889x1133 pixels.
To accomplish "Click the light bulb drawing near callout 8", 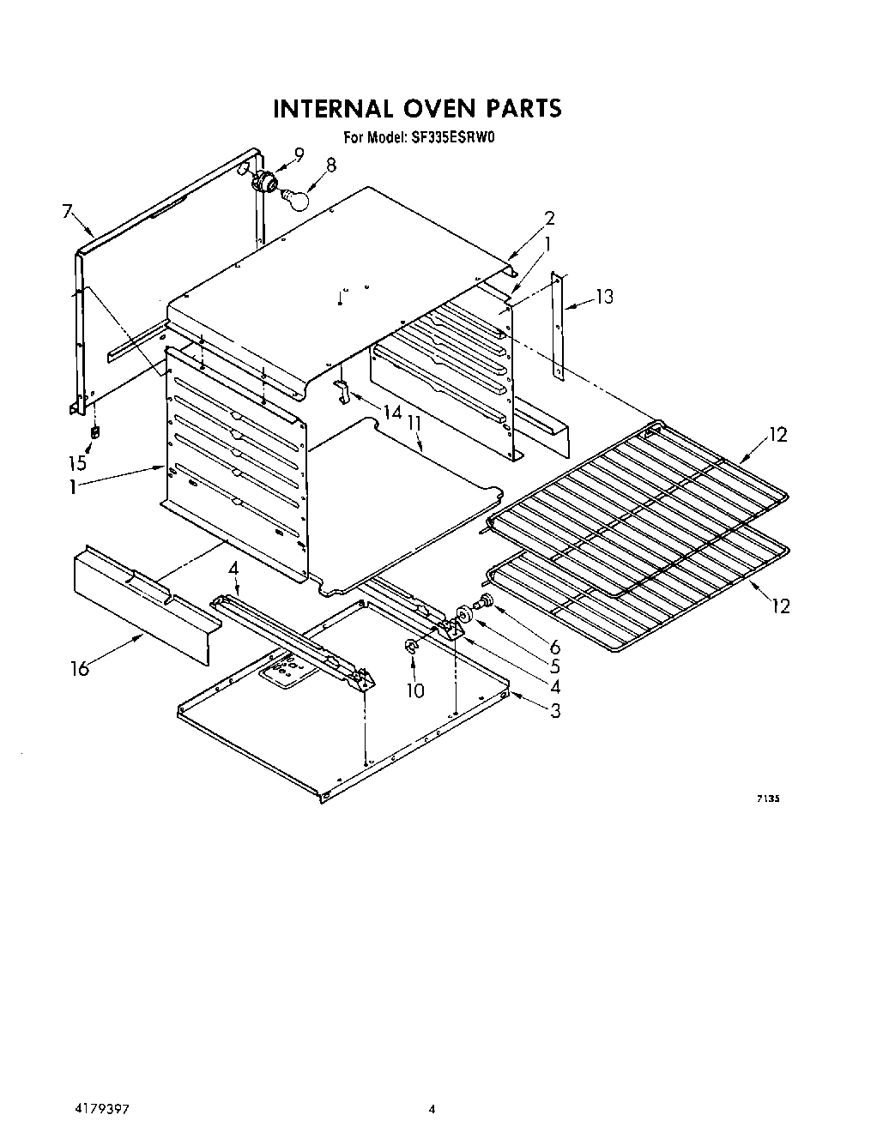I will (295, 196).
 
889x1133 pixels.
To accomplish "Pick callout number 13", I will (605, 297).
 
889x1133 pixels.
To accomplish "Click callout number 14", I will (392, 413).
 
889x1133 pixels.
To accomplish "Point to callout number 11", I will (414, 422).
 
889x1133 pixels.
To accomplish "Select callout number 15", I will (77, 463).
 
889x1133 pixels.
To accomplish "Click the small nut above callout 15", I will (95, 431).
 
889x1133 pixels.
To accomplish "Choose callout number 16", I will (80, 667).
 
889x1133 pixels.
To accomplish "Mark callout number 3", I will (556, 709).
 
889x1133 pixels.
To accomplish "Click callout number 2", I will (550, 217).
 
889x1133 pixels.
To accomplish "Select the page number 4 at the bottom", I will (433, 1109).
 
